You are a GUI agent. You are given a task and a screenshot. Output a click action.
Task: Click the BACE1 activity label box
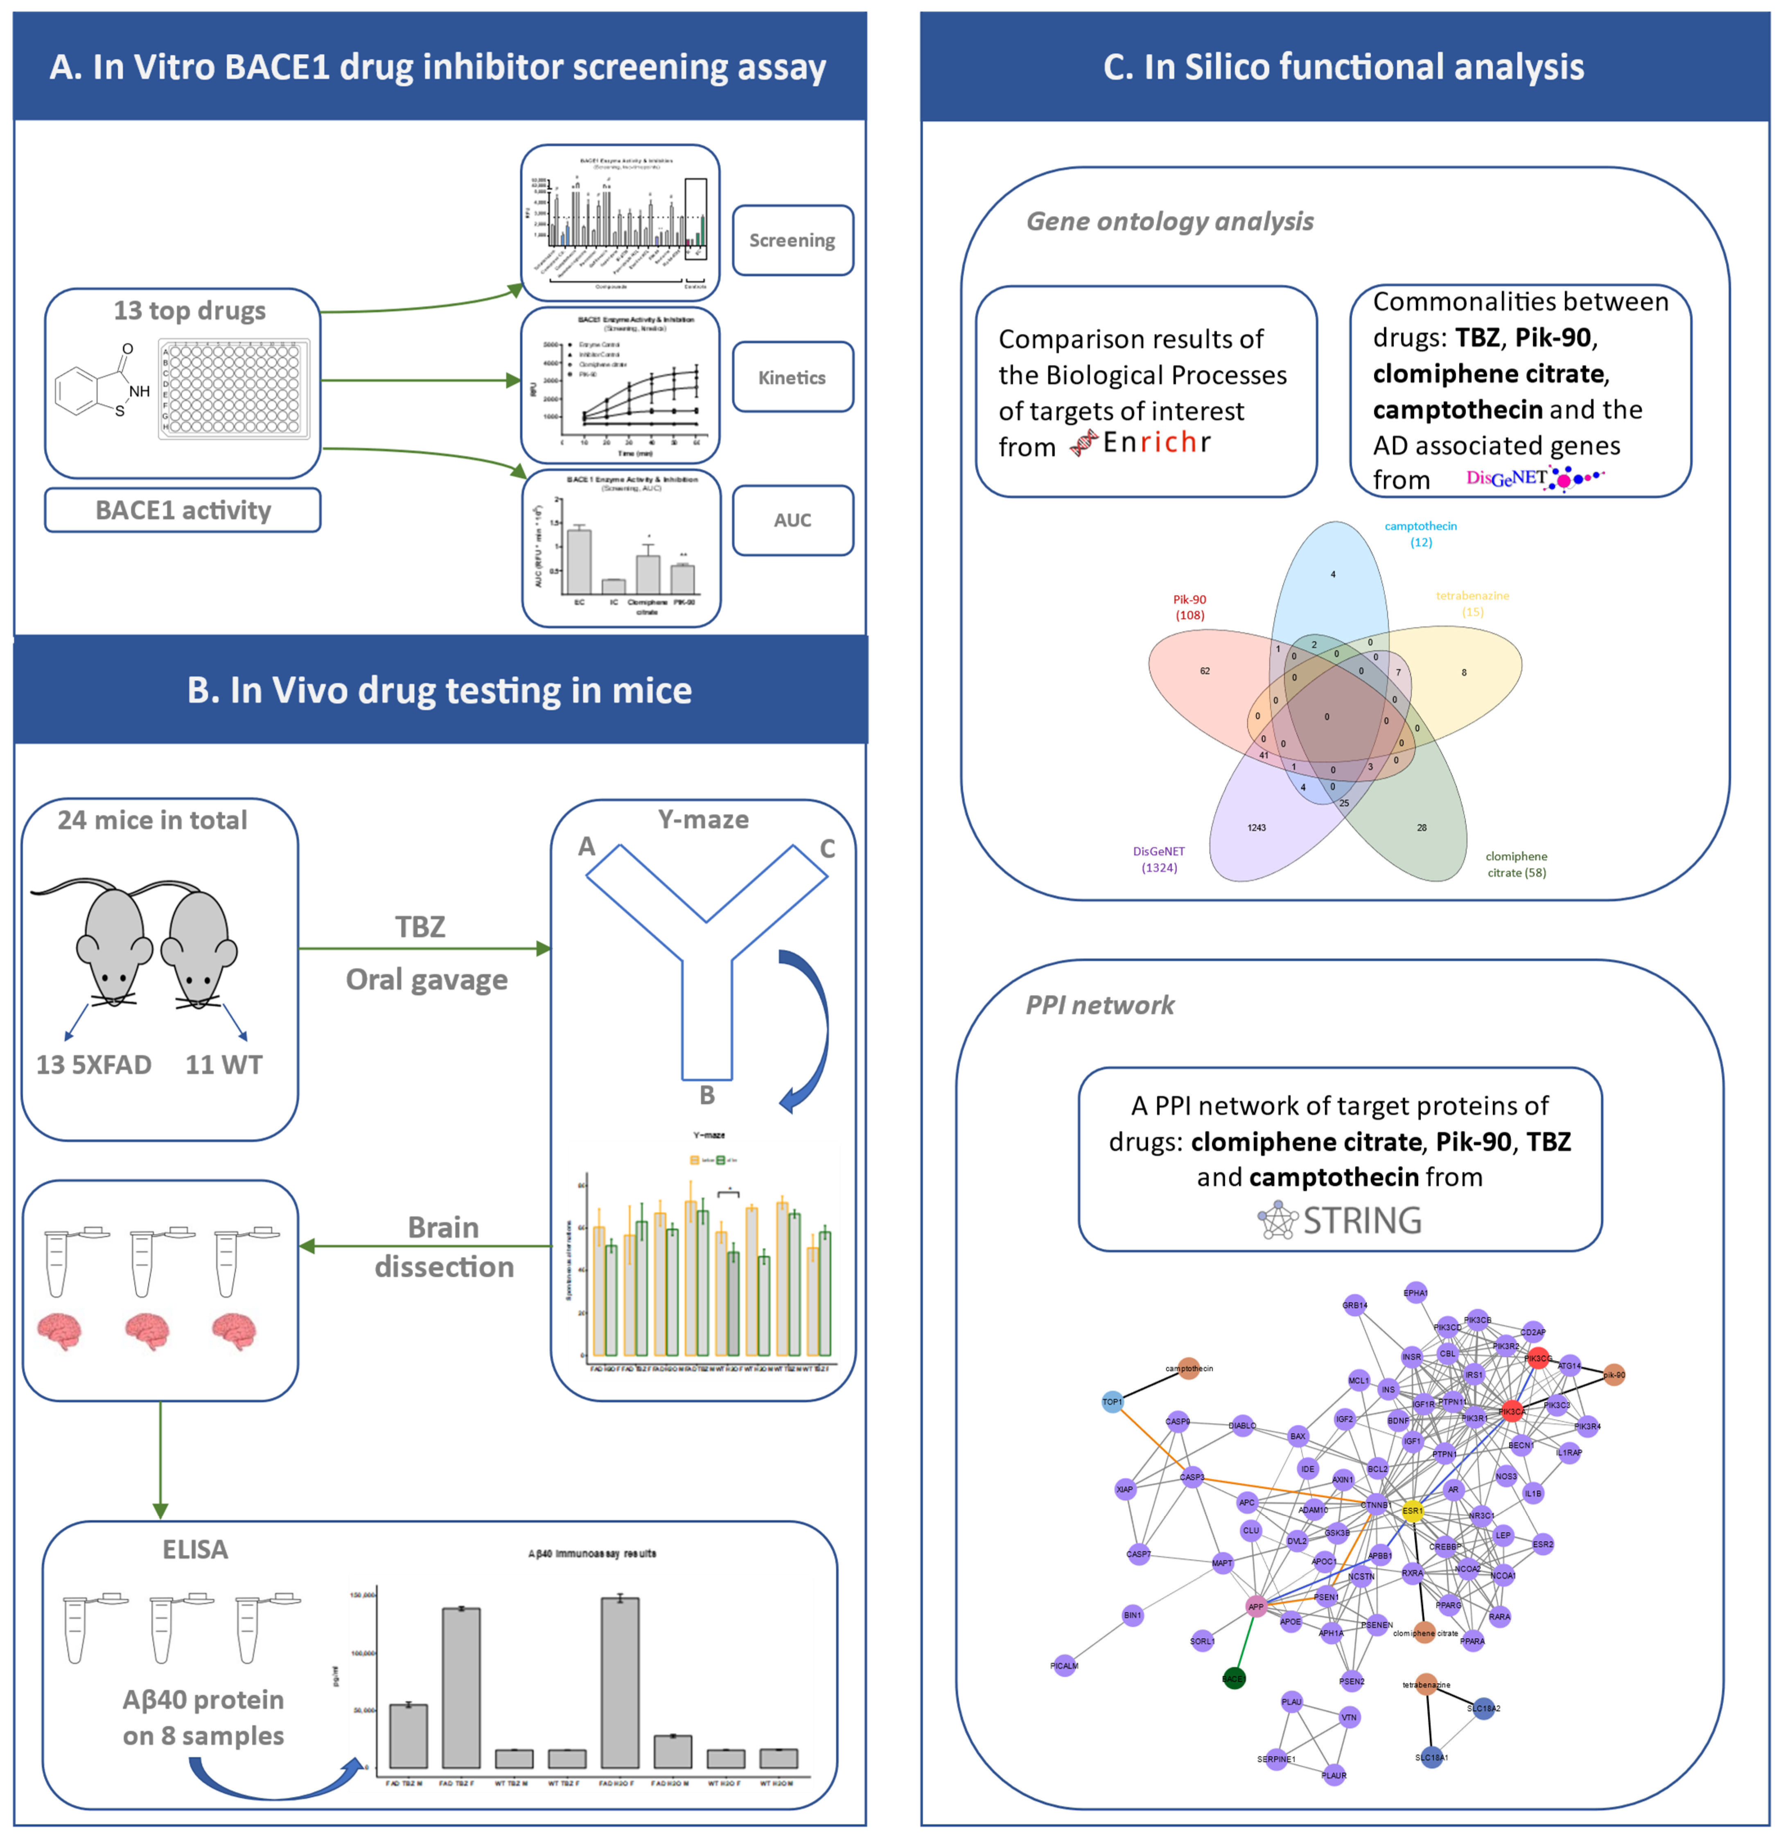click(183, 510)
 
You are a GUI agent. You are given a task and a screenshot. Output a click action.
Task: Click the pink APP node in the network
click(1255, 1606)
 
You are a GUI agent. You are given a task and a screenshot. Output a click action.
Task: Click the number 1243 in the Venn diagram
click(1256, 827)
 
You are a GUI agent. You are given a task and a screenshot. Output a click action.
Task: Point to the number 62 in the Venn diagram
click(1205, 670)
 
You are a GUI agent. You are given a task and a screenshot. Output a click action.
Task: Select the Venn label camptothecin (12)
click(1421, 533)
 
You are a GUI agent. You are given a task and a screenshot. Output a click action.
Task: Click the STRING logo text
click(1361, 1220)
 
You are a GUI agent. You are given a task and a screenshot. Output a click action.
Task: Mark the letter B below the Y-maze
click(707, 1095)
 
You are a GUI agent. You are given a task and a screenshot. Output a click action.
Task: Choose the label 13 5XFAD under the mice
click(94, 1064)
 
